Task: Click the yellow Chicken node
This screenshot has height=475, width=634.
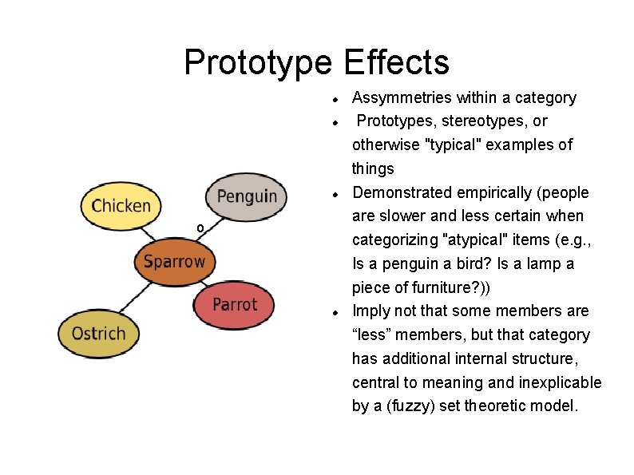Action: [121, 206]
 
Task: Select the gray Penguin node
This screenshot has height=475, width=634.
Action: [246, 196]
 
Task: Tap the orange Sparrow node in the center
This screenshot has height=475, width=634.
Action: [174, 261]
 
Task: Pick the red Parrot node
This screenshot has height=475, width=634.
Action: [235, 305]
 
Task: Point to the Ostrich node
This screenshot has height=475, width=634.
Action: [98, 333]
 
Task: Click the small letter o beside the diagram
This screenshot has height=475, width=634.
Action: [200, 229]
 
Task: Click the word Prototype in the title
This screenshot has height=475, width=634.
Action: [257, 62]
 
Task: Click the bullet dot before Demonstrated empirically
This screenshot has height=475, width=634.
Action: [338, 194]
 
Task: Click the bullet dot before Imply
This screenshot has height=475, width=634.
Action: [338, 312]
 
